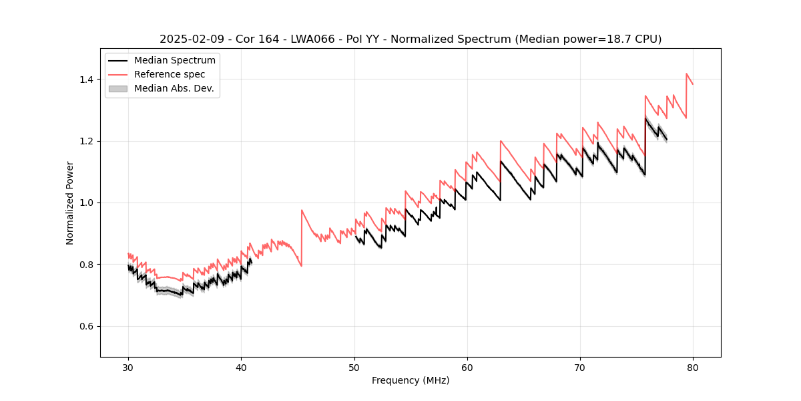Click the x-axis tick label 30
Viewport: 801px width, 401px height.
(128, 367)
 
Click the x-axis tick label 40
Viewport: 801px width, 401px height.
(241, 367)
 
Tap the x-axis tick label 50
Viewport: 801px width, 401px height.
(354, 367)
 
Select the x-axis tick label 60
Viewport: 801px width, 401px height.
(467, 367)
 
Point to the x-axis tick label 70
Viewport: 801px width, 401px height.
(580, 367)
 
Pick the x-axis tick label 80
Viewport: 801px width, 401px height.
(693, 367)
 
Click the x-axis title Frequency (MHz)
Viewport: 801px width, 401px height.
(411, 380)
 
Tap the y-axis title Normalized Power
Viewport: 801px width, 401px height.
(70, 203)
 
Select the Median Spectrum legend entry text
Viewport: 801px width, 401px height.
(175, 61)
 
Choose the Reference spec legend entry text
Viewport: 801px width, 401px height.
(170, 74)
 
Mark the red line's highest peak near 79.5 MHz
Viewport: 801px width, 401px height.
(687, 74)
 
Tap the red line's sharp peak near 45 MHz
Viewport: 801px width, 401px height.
(302, 210)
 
